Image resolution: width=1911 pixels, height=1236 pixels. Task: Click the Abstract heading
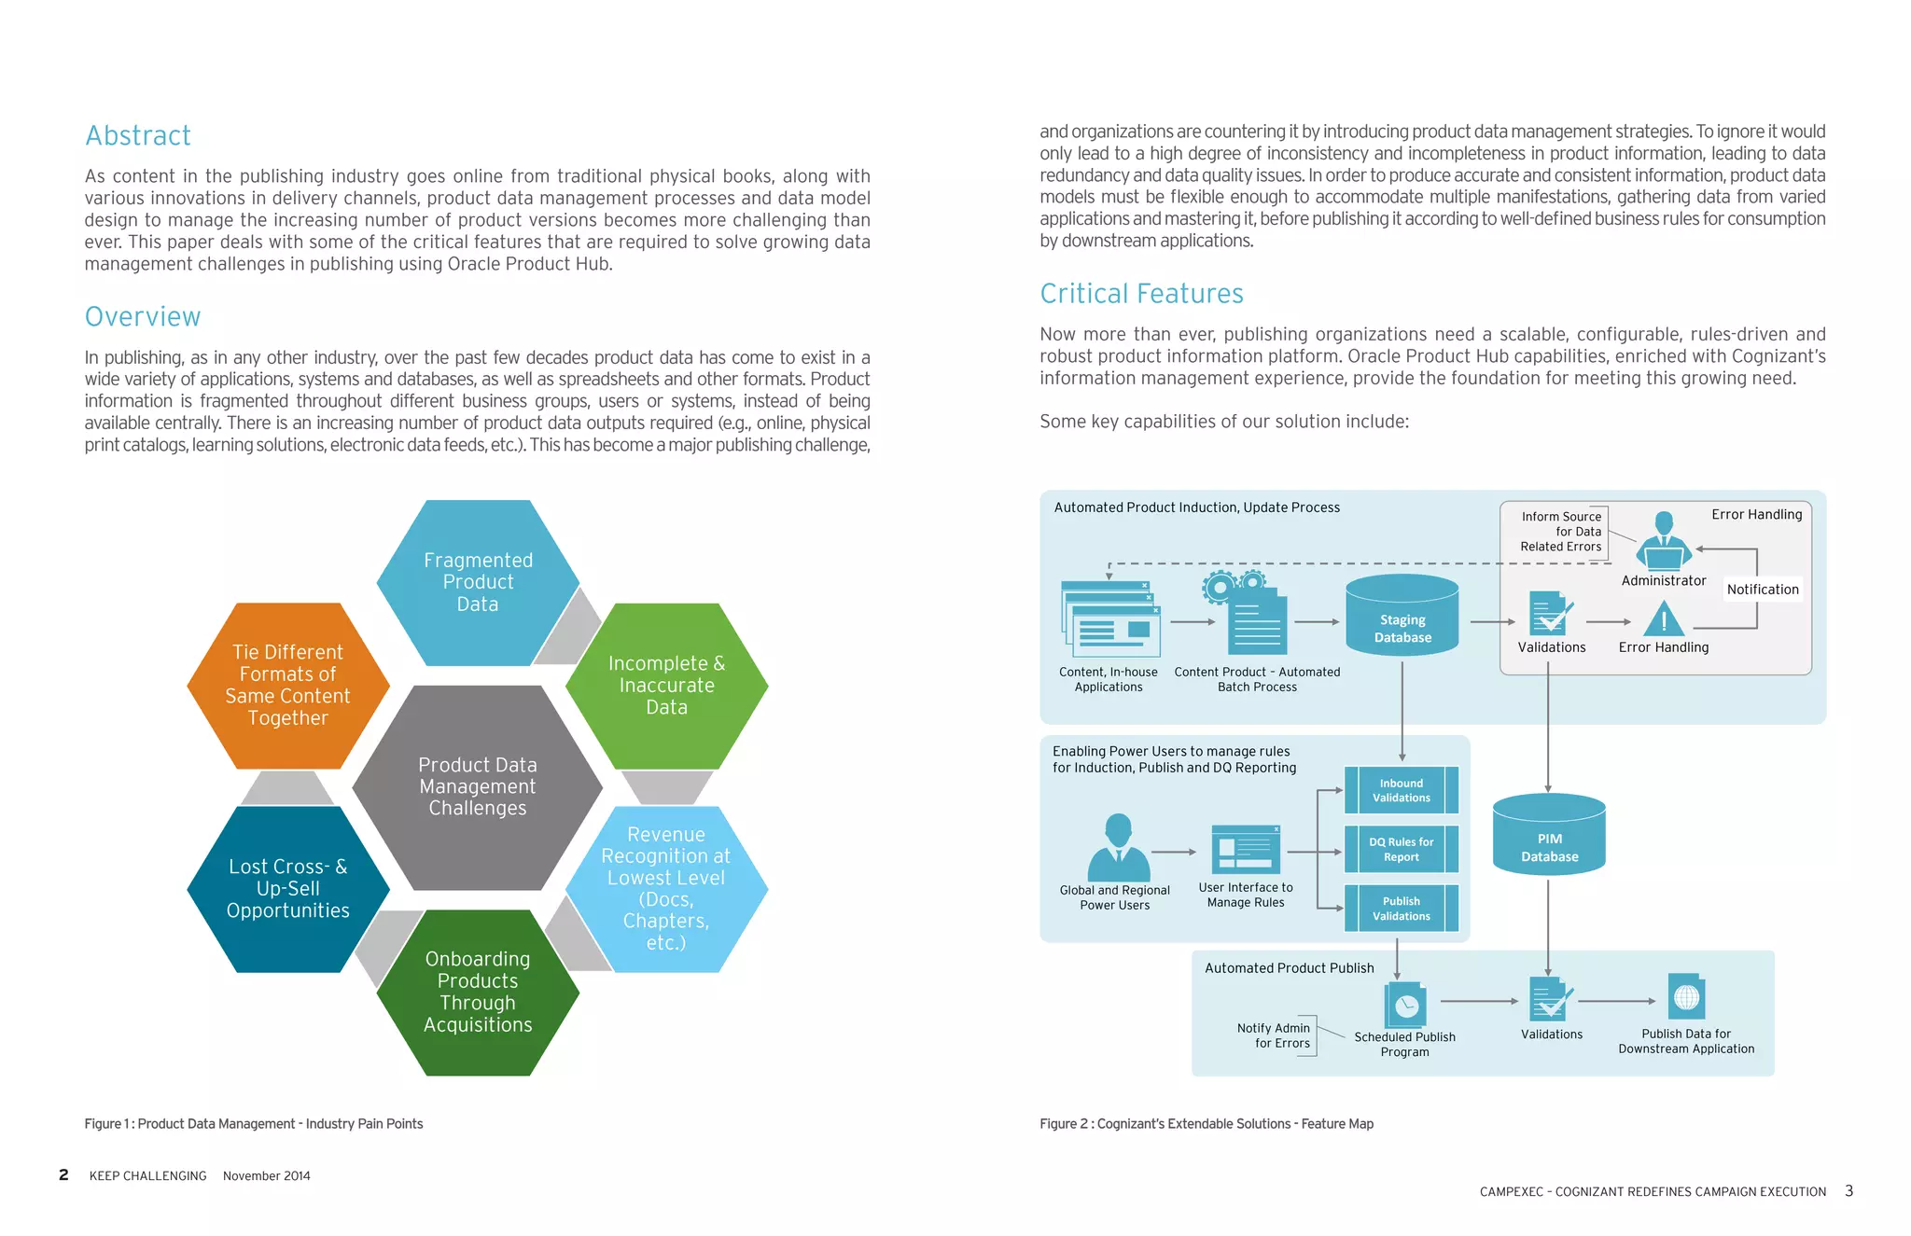point(138,136)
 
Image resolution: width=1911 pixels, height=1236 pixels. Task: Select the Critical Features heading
point(1141,294)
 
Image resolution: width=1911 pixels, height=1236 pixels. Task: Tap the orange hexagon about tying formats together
point(287,686)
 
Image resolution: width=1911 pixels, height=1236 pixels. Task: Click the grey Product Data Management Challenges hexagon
point(478,787)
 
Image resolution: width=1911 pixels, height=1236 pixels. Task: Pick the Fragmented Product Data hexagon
point(478,582)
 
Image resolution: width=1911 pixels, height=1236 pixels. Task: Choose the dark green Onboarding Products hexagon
point(478,993)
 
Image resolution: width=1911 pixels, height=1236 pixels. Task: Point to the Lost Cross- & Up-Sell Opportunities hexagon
point(287,889)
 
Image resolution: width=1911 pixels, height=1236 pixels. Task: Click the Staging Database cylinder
point(1402,617)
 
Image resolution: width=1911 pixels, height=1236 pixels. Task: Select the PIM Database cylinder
point(1549,836)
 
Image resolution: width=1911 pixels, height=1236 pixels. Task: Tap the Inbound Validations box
point(1402,791)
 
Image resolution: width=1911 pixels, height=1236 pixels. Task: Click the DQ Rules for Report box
point(1402,850)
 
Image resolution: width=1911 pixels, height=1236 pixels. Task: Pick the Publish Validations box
point(1402,909)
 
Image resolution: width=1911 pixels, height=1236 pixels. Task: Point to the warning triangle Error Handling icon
point(1663,619)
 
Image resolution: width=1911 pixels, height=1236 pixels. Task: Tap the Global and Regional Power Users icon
point(1118,847)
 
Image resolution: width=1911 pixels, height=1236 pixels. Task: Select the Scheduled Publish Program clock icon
point(1405,1006)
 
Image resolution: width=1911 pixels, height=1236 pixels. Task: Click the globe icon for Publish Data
point(1686,998)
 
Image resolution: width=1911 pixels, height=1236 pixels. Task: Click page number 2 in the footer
point(63,1175)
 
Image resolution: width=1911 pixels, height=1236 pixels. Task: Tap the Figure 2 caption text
point(1207,1124)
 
